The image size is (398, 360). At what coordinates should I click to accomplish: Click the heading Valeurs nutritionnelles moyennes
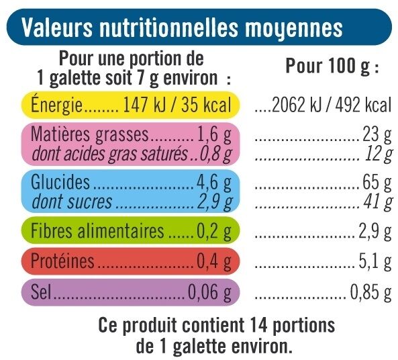coord(183,29)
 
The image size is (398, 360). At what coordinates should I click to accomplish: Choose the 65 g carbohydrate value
coord(379,183)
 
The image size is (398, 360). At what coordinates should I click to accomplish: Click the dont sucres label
coord(68,201)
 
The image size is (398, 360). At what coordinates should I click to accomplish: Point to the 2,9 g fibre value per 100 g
coord(375,232)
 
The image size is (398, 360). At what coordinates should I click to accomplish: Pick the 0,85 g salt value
coord(370,294)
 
